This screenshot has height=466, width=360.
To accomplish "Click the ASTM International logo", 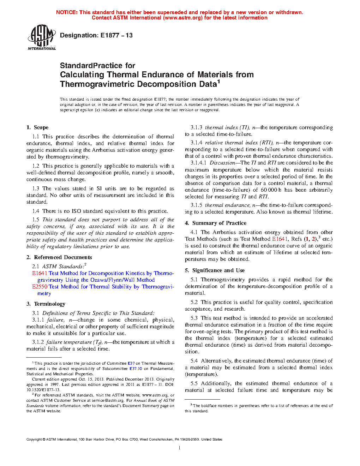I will click(x=42, y=37).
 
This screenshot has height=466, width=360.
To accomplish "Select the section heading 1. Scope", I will click(x=37, y=127).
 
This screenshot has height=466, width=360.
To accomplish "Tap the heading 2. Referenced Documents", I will click(x=59, y=257).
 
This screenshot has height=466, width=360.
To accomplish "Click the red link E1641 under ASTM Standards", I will click(x=40, y=273).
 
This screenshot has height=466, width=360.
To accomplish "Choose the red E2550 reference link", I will click(x=40, y=287).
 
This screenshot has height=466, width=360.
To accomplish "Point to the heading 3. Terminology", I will click(x=46, y=304).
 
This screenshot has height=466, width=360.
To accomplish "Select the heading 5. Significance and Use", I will click(x=215, y=270).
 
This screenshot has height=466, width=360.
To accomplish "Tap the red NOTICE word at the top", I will click(x=67, y=12).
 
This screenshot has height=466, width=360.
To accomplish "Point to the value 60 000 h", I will click(x=271, y=190).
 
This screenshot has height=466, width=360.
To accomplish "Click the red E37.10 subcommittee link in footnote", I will click(x=136, y=369).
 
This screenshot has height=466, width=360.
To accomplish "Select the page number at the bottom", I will click(x=180, y=448).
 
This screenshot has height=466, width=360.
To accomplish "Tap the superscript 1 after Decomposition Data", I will click(x=218, y=82).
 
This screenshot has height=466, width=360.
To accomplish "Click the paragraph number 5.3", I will click(x=194, y=318).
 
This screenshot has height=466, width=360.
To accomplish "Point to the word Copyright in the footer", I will click(x=34, y=440).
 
